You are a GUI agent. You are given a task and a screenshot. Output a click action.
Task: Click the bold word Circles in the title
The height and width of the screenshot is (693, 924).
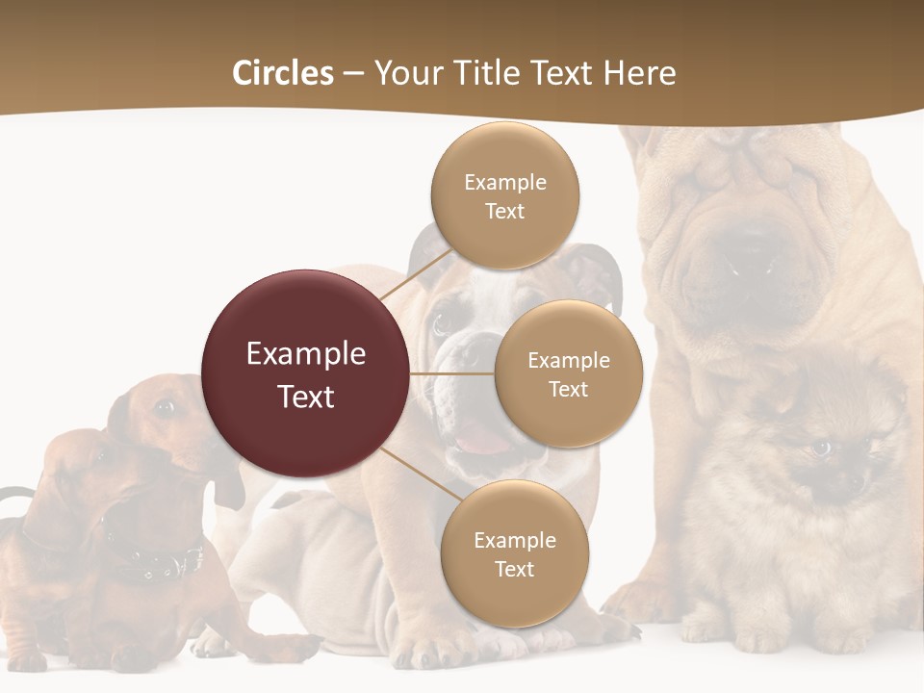tap(283, 73)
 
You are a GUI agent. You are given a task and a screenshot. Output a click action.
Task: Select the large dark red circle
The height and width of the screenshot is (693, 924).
tap(306, 373)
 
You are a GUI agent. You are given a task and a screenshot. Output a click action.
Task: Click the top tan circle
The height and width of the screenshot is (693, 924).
tap(504, 195)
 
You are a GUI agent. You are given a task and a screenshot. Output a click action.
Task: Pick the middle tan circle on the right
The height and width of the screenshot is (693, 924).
tap(568, 373)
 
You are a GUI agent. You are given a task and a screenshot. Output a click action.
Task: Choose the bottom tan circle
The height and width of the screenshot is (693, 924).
tap(514, 553)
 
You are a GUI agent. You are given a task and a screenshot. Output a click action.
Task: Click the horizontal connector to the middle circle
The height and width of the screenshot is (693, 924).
tap(451, 373)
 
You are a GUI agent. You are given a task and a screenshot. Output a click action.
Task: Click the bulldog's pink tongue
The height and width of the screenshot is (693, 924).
tap(482, 444)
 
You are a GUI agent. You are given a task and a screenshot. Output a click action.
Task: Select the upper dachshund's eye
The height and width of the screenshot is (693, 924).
tap(165, 408)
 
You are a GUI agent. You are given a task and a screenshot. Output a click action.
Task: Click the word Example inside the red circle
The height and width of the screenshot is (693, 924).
tap(306, 353)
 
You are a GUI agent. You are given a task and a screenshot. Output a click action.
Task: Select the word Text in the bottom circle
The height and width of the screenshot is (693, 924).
tap(514, 569)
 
